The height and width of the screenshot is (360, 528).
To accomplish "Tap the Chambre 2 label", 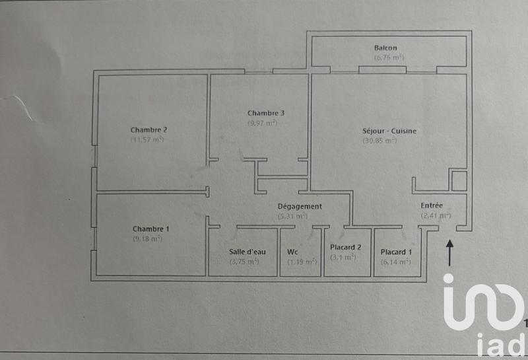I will pyautogui.click(x=148, y=129).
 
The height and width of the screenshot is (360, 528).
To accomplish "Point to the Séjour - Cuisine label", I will pyautogui.click(x=389, y=131).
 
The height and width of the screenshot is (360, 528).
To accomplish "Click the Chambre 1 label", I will pyautogui.click(x=150, y=229).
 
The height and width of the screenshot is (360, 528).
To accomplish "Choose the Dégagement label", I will pyautogui.click(x=300, y=206).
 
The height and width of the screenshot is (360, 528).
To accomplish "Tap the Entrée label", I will pyautogui.click(x=432, y=205).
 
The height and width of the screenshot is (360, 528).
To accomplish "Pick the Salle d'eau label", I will pyautogui.click(x=244, y=252).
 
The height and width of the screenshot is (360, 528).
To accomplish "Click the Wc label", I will pyautogui.click(x=292, y=252).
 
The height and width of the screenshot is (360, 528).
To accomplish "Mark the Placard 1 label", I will pyautogui.click(x=397, y=252).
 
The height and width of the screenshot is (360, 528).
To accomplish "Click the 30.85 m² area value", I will pyautogui.click(x=379, y=140).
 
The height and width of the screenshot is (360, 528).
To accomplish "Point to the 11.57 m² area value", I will pyautogui.click(x=147, y=139).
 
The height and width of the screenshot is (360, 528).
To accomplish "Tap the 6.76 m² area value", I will pyautogui.click(x=389, y=57).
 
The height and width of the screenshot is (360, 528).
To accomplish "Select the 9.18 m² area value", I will pyautogui.click(x=147, y=238).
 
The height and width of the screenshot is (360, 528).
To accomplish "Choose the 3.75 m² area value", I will pyautogui.click(x=244, y=262).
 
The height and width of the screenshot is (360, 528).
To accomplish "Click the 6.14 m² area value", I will pyautogui.click(x=396, y=262).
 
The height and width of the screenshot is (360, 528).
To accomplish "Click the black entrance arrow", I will pyautogui.click(x=451, y=253).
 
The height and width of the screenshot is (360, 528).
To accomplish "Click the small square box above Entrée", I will pyautogui.click(x=459, y=180).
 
